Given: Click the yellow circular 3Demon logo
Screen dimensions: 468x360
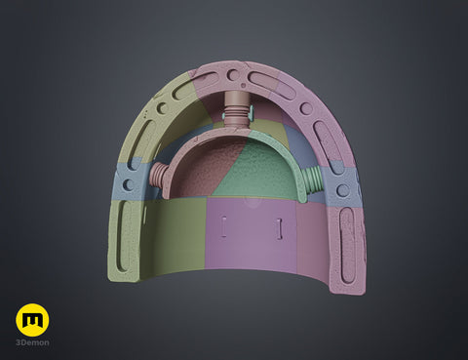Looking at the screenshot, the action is click(32, 320).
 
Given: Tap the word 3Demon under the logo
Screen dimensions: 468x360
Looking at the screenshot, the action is click(32, 342).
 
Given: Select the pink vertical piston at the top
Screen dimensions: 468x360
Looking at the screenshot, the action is click(236, 109).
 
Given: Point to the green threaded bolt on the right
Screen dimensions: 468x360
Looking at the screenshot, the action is click(313, 180).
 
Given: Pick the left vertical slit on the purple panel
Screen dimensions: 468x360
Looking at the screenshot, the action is click(224, 227).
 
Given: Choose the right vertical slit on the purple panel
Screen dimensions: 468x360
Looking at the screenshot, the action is click(279, 229).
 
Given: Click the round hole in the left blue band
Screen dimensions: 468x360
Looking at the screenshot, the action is click(129, 184).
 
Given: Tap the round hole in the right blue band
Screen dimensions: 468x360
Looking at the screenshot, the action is click(342, 190).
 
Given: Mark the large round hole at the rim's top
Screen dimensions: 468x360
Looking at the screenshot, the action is click(233, 75).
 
